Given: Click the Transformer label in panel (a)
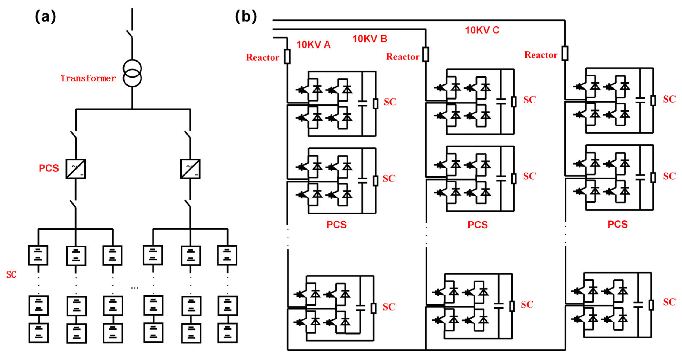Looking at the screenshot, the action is [88, 78].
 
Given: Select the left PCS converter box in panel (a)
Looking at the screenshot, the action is [76, 169].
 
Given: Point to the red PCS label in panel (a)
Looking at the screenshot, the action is [49, 168].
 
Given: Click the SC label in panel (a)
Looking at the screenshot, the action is [11, 275].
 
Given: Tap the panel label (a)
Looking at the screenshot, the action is [46, 16].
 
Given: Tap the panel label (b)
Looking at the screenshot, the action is [246, 16].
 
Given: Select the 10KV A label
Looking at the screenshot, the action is [313, 45].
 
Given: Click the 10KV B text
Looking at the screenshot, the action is [370, 39].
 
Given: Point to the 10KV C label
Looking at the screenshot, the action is [482, 30].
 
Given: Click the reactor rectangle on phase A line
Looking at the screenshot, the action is [287, 56].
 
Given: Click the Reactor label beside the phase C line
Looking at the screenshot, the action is [541, 55].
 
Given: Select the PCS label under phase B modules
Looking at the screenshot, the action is [478, 225].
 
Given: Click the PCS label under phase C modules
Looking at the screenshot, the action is [617, 224].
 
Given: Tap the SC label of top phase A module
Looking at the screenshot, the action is [390, 102].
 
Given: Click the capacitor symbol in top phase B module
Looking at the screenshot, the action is [501, 101].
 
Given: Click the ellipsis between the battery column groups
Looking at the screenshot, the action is [135, 288].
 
